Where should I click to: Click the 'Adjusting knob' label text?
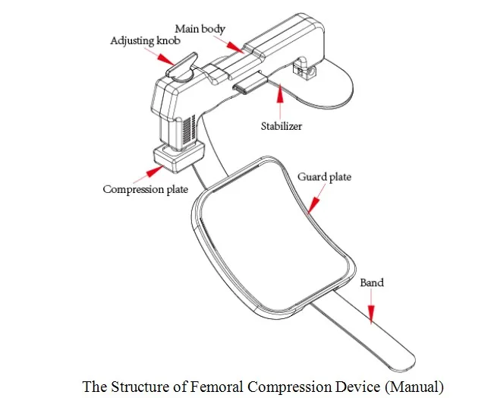(145, 41)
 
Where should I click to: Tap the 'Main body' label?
(200, 29)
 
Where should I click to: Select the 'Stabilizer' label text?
(282, 126)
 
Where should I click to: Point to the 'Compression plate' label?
(145, 189)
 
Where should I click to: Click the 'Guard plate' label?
(324, 177)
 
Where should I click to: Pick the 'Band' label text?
(372, 283)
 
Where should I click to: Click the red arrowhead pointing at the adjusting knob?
(166, 59)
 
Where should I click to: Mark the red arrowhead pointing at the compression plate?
(155, 172)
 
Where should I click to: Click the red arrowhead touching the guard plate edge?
(313, 205)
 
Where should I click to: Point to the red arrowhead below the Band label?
(371, 314)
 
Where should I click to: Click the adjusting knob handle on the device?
(182, 65)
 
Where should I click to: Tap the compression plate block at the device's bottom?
(178, 156)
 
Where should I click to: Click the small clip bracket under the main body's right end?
(304, 68)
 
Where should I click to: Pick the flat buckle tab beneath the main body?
(250, 83)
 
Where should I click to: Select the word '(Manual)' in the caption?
(414, 387)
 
